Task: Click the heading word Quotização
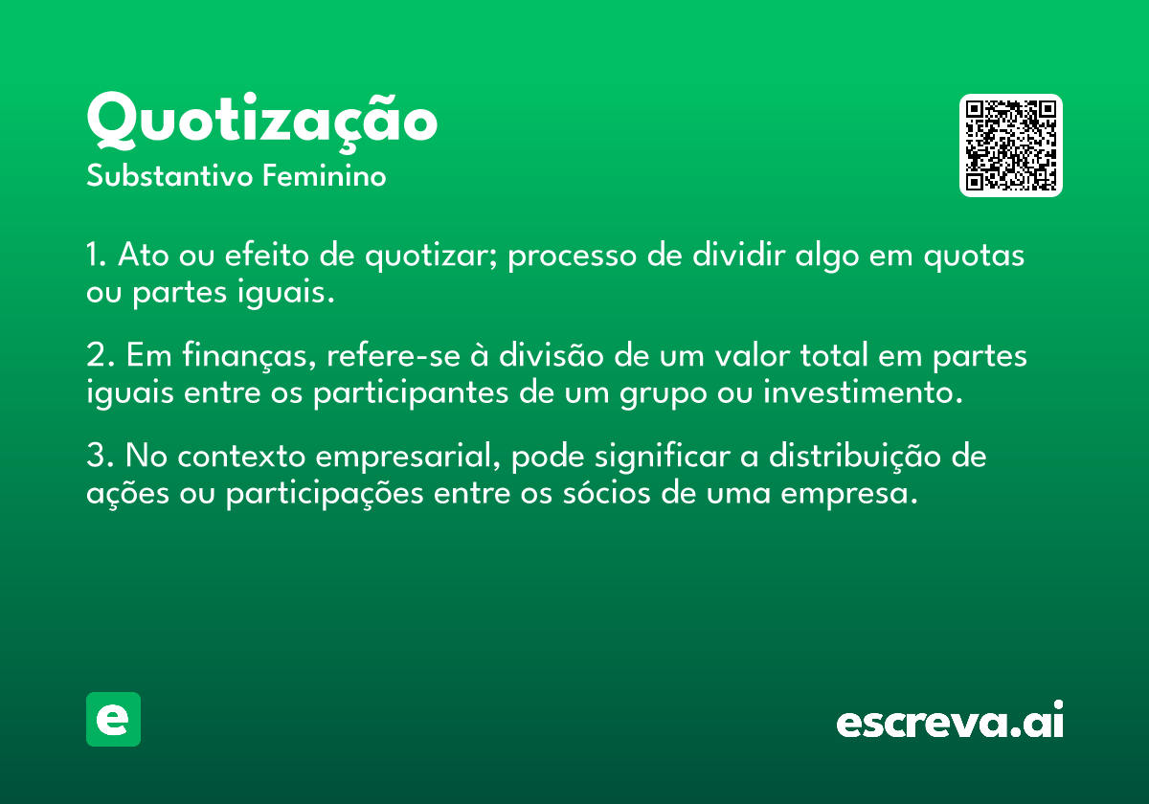tap(261, 123)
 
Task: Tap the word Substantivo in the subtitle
tap(169, 175)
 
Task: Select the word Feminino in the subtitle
tap(325, 175)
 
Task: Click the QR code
tap(1010, 145)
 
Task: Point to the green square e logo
tap(113, 719)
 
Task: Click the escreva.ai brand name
tap(950, 720)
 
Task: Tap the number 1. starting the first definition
tap(96, 255)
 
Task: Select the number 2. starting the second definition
tap(100, 355)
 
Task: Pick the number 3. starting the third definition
tap(100, 456)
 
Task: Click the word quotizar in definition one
tap(431, 257)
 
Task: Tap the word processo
tap(572, 257)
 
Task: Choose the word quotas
tap(974, 257)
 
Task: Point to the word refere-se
tap(394, 355)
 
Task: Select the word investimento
tap(863, 392)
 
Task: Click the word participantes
tap(411, 394)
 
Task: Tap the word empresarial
tap(408, 458)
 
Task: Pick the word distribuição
tap(854, 457)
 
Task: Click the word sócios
tap(607, 493)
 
